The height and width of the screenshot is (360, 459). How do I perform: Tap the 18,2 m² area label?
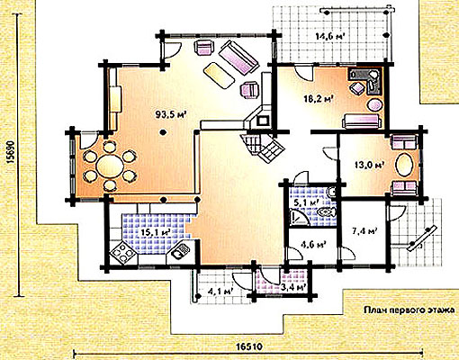click(x=319, y=99)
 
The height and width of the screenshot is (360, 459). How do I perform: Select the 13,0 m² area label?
click(x=370, y=165)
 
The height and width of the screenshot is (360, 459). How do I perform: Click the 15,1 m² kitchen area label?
click(x=156, y=232)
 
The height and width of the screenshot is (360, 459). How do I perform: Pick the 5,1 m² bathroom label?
click(x=306, y=202)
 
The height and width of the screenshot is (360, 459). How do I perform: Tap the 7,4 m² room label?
click(x=364, y=231)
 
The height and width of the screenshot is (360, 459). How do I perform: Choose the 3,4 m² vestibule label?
click(x=294, y=288)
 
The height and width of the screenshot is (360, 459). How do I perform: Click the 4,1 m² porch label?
click(x=220, y=291)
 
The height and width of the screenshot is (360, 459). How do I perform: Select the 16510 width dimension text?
click(x=249, y=346)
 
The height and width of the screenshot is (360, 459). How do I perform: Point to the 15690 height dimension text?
click(x=11, y=152)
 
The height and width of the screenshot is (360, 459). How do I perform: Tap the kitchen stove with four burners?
click(x=122, y=253)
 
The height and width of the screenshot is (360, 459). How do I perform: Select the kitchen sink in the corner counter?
click(x=180, y=251)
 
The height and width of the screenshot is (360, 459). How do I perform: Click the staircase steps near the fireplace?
click(x=264, y=148)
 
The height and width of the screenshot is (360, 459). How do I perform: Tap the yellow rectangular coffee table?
click(x=219, y=76)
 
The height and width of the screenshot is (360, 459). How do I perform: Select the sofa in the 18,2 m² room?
click(x=362, y=121)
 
